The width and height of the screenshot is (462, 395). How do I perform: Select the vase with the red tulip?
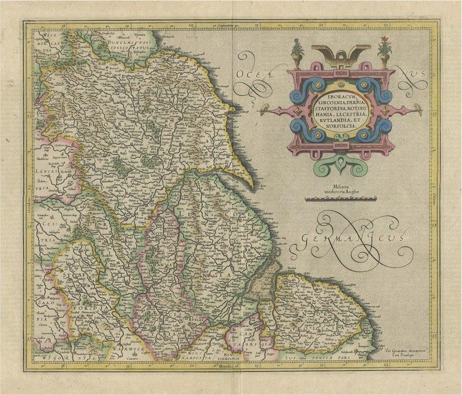384,52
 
